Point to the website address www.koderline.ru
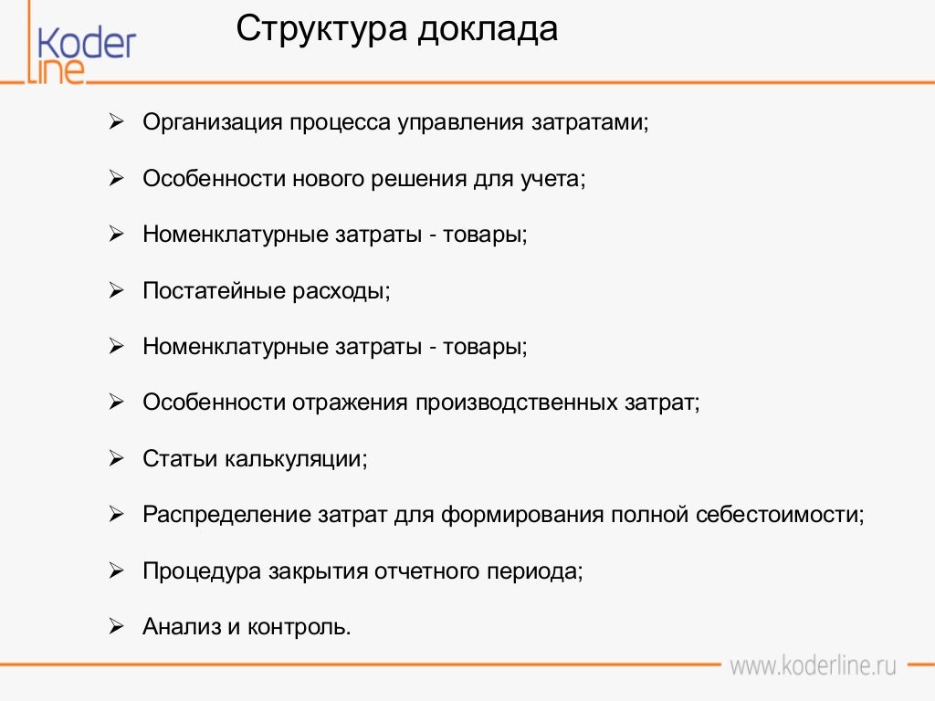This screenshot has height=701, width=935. coord(813,664)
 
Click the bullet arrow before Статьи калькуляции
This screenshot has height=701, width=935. coord(116,458)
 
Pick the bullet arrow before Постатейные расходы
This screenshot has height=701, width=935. coord(116,290)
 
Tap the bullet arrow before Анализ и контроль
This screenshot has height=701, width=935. coord(116,626)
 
